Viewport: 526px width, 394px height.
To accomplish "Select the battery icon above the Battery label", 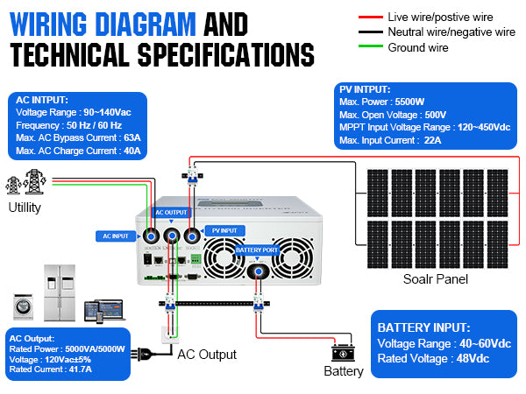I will (342, 353).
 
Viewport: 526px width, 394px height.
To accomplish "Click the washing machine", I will (24, 307).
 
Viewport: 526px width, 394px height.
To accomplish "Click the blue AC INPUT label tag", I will (115, 236).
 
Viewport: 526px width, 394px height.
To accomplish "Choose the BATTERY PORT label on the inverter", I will (257, 250).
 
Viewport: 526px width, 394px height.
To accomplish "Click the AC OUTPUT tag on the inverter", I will (171, 213).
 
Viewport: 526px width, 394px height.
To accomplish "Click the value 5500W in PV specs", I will (409, 102).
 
